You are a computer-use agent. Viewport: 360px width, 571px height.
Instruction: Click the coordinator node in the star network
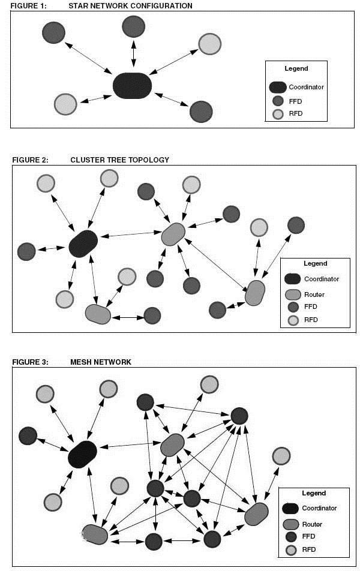coord(132,85)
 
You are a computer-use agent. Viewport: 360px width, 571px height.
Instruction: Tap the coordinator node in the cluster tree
coord(83,244)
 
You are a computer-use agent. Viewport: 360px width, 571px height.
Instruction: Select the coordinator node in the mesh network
coord(82,454)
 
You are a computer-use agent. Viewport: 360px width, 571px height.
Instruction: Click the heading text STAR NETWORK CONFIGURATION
coord(131,6)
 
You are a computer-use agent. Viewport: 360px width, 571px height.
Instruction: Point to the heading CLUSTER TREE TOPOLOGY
coord(120,160)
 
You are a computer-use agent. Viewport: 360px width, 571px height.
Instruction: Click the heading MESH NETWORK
coord(101,362)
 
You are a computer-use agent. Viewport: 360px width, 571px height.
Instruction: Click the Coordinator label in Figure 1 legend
coord(306,87)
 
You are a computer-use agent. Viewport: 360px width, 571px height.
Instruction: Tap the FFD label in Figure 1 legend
coord(295,101)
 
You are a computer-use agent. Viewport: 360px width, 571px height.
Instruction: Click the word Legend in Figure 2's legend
coord(316,263)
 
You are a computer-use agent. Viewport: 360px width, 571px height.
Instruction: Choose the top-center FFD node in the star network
coord(133,27)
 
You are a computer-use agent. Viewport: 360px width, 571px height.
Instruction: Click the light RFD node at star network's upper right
coord(210,44)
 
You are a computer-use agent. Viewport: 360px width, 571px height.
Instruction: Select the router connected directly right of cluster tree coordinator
coord(173,234)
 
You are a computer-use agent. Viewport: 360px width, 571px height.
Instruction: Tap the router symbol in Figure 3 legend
coord(290,524)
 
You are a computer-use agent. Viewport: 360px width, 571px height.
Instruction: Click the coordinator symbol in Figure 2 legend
coord(292,279)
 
